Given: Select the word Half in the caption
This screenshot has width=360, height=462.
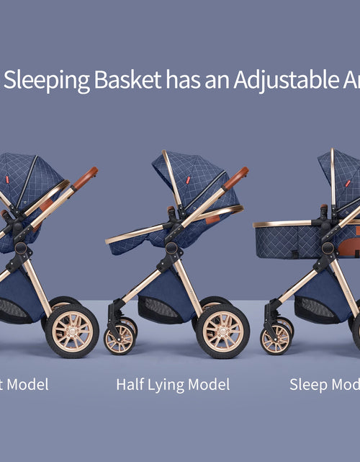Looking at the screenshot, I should pos(132,384).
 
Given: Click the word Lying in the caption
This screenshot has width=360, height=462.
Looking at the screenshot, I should pos(171,385).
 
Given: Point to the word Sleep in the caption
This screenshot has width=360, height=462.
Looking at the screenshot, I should pos(309,384).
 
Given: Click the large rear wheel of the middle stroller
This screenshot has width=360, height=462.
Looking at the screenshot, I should pos(222,331).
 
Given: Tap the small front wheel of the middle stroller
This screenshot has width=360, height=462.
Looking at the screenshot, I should pos(120,337).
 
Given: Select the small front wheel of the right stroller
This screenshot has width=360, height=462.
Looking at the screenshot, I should pos(275,337).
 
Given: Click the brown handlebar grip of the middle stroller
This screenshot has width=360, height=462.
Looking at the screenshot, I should pos(236,177).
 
